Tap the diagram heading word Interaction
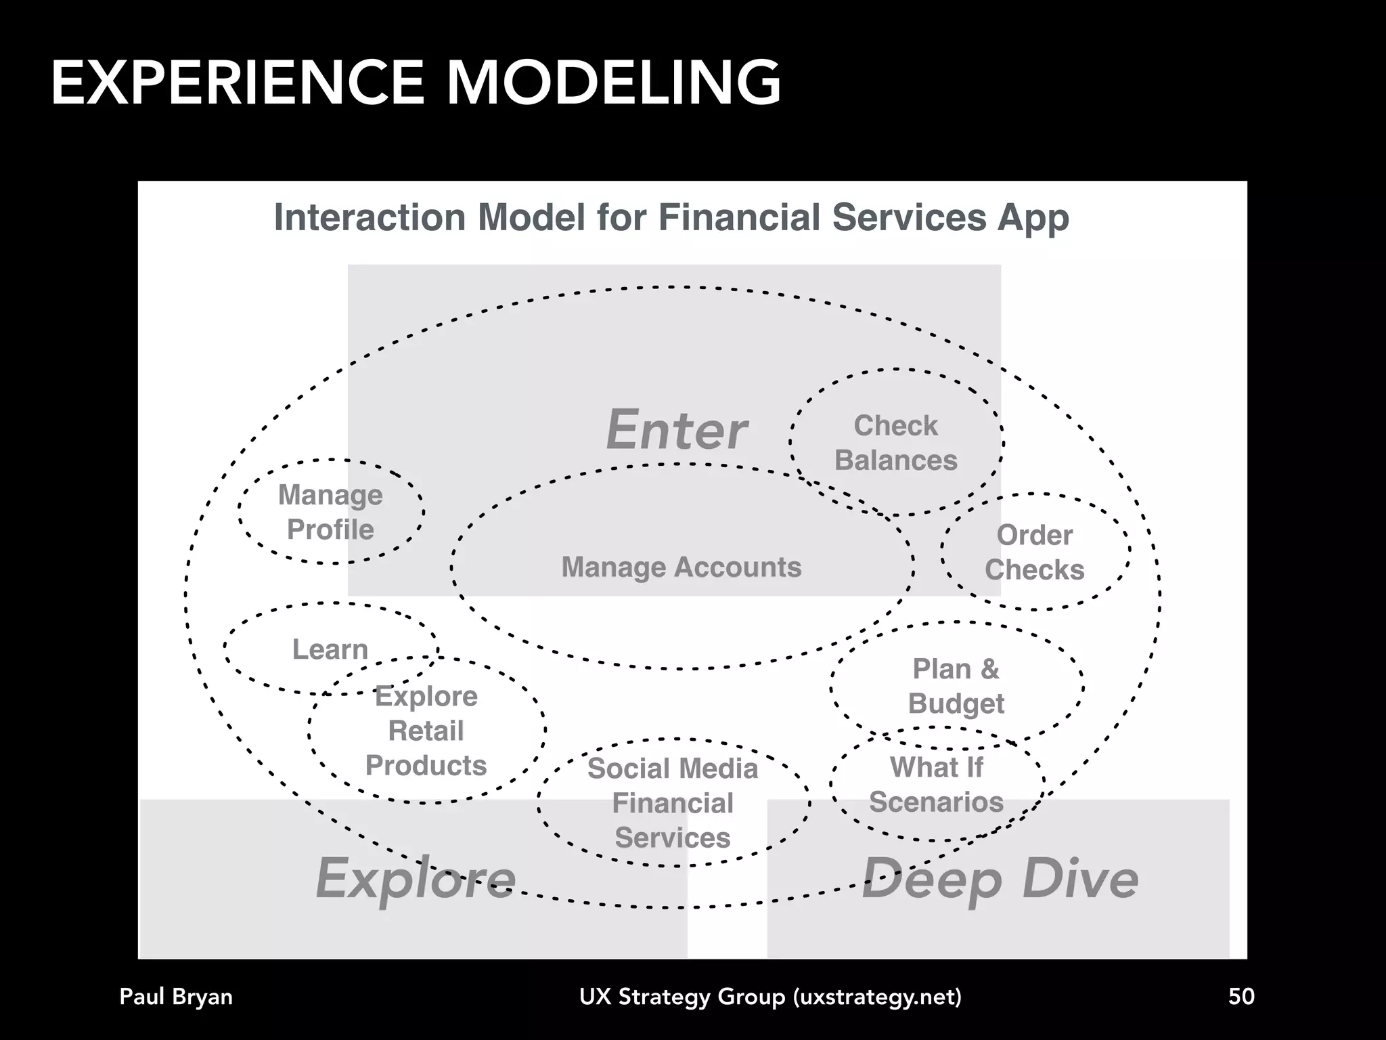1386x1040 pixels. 370,218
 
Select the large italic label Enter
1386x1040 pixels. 677,430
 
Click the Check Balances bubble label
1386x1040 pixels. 895,443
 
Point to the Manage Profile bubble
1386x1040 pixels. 330,512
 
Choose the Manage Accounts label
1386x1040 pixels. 681,567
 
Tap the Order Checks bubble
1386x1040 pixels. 1034,552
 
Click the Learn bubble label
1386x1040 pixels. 330,649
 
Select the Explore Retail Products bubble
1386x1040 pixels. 426,731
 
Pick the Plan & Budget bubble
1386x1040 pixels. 956,686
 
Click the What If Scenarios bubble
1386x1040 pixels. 936,785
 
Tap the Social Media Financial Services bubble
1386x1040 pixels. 673,803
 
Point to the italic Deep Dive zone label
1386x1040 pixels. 1000,878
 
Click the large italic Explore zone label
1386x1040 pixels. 416,878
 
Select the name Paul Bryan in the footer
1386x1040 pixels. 176,997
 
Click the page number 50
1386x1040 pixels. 1241,996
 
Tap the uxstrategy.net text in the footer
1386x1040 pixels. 877,997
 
